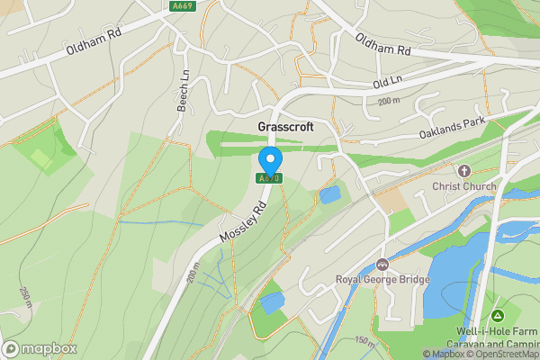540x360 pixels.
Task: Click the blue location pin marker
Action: coord(270,162)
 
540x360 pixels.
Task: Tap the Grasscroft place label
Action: coord(285,128)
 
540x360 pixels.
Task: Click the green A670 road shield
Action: coord(270,178)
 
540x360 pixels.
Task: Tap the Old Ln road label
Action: coord(384,83)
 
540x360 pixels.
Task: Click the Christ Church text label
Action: coord(464,186)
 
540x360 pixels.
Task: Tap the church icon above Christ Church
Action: coord(464,171)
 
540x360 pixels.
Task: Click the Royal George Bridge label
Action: coord(383,279)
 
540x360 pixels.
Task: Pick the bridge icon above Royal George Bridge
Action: coord(383,265)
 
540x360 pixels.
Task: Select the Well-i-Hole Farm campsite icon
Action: coord(498,316)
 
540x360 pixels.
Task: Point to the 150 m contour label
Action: coord(364,341)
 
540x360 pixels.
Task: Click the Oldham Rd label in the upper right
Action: coord(383,42)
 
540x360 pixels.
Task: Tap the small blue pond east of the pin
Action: coord(330,193)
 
